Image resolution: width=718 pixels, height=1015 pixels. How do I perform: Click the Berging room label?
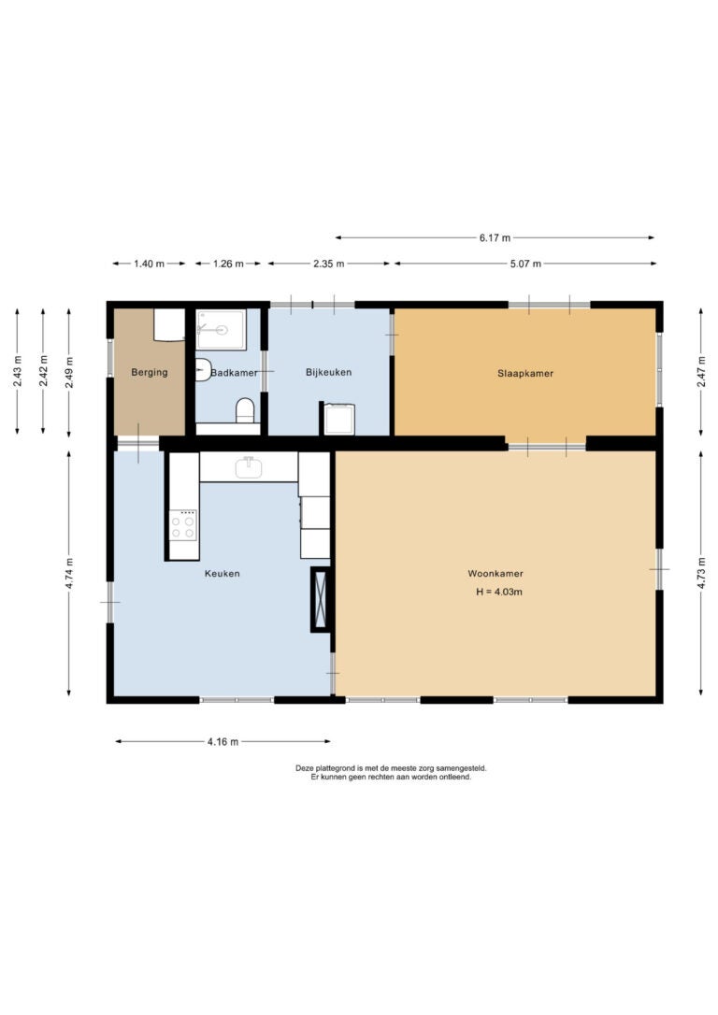[150, 372]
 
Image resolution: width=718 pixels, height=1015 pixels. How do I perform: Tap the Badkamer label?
[235, 373]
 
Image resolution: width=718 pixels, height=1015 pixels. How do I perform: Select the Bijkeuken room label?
[329, 372]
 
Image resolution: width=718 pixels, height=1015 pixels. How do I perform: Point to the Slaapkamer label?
[525, 374]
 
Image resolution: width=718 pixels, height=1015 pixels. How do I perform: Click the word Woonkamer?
[495, 574]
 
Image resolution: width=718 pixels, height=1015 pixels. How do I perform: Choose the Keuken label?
[223, 574]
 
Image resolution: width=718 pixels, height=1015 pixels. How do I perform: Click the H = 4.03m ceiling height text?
[499, 592]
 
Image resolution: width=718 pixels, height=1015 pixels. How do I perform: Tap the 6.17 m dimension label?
[495, 238]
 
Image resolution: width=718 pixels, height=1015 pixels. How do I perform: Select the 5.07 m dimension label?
[525, 264]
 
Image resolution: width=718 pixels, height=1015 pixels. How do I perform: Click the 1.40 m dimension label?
[150, 264]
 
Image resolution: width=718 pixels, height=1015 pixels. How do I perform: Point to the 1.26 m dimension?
[228, 264]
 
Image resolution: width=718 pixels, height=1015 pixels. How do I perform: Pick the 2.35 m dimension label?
[329, 264]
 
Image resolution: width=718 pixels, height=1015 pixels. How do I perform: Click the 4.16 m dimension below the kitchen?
[223, 742]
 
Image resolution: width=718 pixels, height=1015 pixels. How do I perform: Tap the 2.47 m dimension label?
[701, 373]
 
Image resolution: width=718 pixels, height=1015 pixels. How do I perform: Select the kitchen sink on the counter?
[249, 467]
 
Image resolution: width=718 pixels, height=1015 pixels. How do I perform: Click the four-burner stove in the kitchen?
[183, 525]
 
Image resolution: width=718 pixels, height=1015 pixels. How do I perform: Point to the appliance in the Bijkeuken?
[338, 419]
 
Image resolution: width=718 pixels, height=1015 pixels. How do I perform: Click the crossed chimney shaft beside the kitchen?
[321, 599]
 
